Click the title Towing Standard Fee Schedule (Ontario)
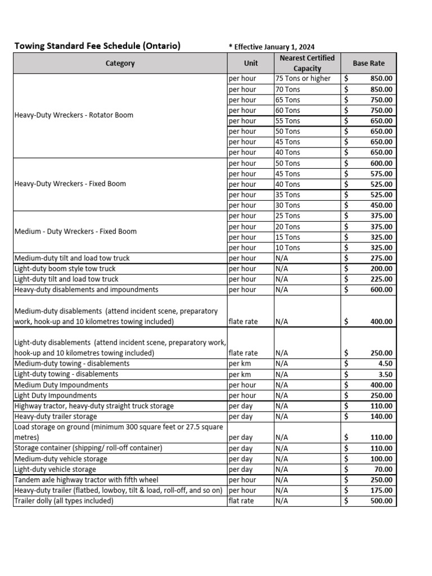pos(97,46)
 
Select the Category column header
pos(120,64)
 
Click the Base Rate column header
pos(368,64)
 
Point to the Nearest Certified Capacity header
pos(307,63)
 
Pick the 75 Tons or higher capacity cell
pos(303,79)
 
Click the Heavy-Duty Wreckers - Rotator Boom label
pos(74,115)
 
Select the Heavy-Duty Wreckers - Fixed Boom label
pos(70,184)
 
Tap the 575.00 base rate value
pos(381,174)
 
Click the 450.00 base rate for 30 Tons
pos(381,205)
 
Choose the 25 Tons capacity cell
pos(288,216)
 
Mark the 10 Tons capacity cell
pos(288,247)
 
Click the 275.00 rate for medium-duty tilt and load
pos(381,258)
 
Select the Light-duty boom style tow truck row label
pos(65,269)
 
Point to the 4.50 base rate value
pos(385,364)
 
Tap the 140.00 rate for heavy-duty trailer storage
pos(381,417)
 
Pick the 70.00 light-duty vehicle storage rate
pos(382,470)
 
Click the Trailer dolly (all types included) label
pos(64,501)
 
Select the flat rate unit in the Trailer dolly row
pos(241,501)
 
